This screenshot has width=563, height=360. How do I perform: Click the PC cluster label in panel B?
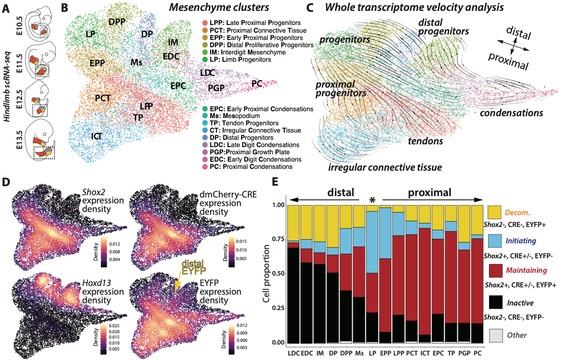[x=257, y=84]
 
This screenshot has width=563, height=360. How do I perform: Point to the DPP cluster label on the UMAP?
[x=117, y=22]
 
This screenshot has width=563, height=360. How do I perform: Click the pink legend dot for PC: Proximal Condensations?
[x=206, y=167]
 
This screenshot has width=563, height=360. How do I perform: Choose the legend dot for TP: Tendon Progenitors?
[x=206, y=123]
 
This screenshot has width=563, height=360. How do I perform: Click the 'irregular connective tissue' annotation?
[x=385, y=168]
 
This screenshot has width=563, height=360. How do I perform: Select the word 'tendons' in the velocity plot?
[x=425, y=141]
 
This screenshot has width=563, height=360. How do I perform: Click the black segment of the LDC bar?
[x=293, y=295]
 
